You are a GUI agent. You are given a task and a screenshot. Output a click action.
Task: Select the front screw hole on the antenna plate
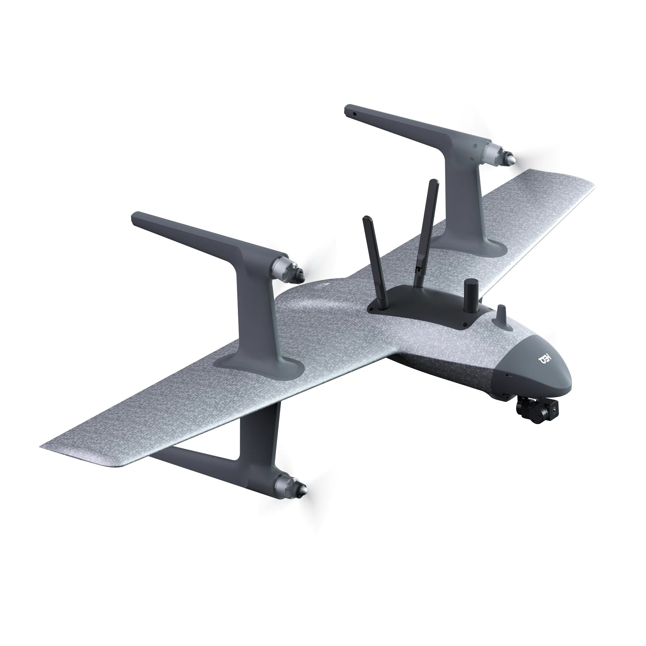point(465,324)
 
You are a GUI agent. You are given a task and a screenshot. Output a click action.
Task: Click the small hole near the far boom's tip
point(355,113)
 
